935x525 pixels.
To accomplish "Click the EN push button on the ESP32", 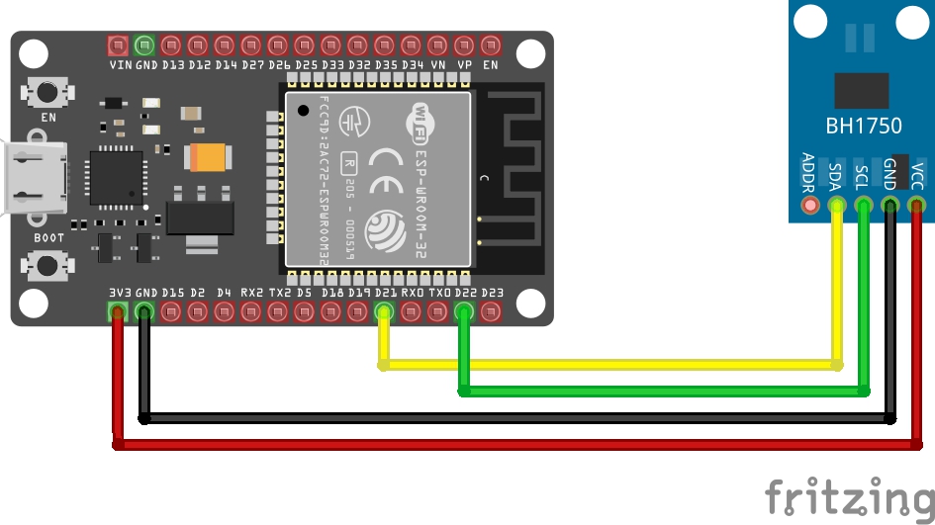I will pos(46,94).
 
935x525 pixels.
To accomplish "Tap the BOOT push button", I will pos(46,264).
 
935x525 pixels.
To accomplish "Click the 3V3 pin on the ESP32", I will pos(118,313).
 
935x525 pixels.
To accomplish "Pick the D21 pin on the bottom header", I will pos(384,313).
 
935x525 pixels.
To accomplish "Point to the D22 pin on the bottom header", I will pos(464,313).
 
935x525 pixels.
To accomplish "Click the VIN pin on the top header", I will pos(118,44).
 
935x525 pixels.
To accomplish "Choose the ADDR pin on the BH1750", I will pos(811,206).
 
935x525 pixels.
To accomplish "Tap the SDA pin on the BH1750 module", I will pos(838,206).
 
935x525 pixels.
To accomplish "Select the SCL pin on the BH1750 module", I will pos(864,206).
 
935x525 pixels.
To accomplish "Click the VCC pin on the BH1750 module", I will pos(917,206).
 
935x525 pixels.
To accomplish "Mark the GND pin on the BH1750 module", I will pos(890,206).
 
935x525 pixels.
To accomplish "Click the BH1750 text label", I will pos(863,127).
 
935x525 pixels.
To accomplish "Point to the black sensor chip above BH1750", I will pos(861,90).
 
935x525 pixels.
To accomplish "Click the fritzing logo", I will pos(849,496).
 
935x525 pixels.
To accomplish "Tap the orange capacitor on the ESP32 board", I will pos(209,156).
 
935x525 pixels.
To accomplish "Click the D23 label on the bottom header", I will pos(492,293).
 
